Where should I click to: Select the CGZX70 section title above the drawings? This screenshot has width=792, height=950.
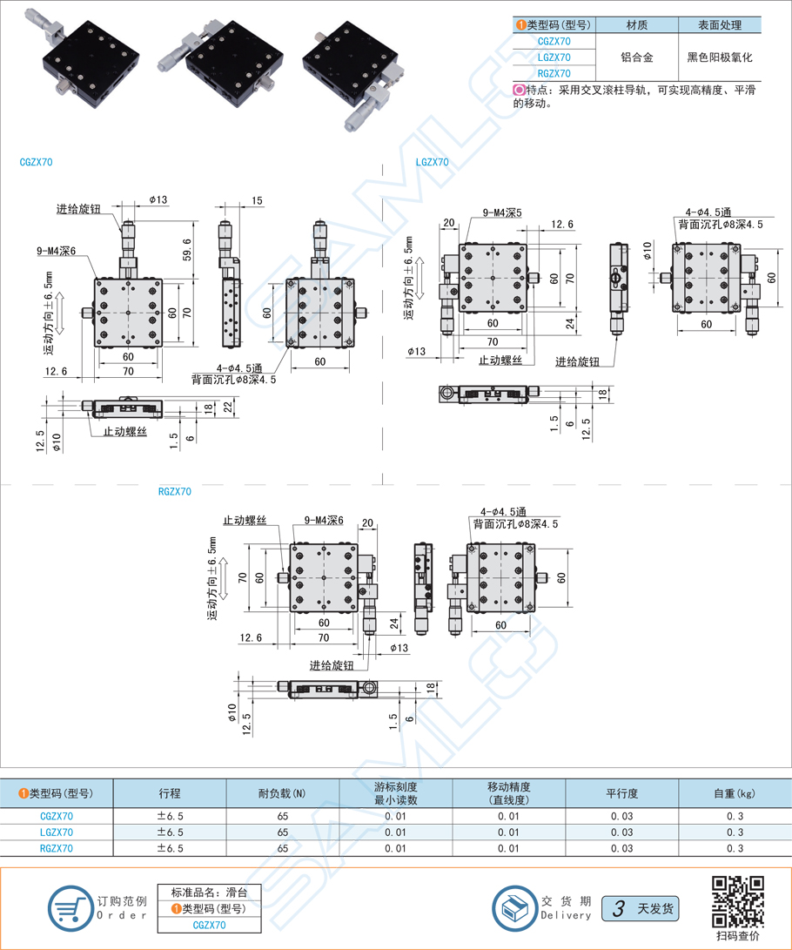coord(36,162)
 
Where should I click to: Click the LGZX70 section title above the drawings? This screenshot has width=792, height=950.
coord(432,162)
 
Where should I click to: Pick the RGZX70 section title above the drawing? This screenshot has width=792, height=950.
coord(175,491)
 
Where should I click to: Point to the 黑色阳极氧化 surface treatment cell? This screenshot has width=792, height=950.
coord(719,57)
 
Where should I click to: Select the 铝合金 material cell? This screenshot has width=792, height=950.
coord(636,57)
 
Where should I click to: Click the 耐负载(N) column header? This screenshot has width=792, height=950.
coord(282,793)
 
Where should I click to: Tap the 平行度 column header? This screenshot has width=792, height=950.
coord(621,793)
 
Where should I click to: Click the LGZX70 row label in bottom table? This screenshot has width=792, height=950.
coord(57,832)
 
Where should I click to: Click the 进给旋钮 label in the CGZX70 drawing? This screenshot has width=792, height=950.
coord(79,209)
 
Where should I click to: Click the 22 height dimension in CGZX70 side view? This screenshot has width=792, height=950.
coord(228,407)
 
